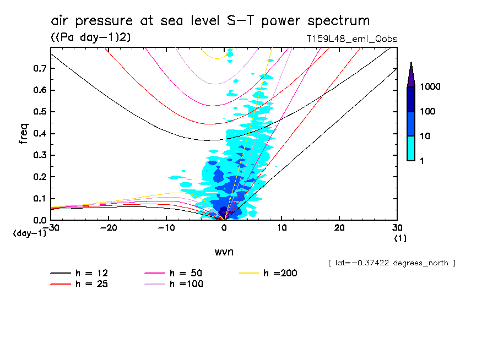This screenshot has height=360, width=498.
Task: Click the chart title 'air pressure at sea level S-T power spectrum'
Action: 210,21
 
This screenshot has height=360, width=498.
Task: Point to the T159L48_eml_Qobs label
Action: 351,39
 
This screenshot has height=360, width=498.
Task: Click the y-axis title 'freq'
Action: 24,134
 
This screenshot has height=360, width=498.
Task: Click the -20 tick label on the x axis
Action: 109,228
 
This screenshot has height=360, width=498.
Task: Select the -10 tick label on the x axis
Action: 166,228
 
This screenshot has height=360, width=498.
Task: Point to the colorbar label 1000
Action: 432,87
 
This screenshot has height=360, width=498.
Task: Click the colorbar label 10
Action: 427,136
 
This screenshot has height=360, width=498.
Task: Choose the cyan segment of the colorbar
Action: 411,148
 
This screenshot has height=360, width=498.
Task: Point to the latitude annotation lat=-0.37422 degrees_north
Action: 391,263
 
